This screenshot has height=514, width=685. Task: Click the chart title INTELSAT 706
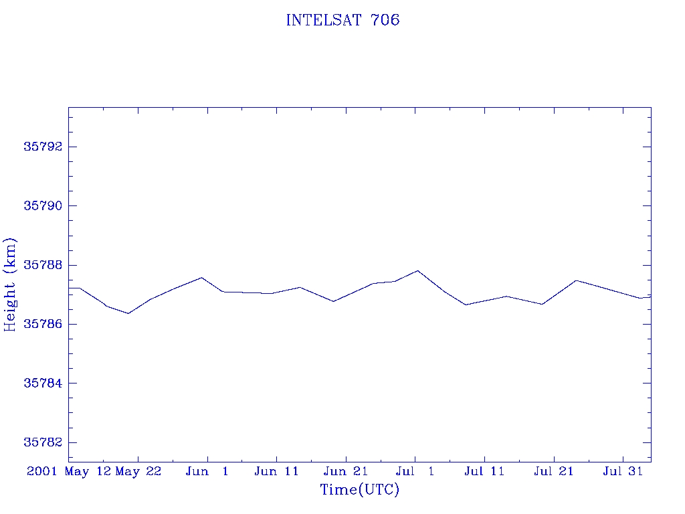pos(342,20)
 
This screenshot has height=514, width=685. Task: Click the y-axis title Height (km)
pos(9,284)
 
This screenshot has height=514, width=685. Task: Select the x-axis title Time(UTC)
pos(359,489)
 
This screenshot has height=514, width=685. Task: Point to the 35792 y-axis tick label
pos(43,147)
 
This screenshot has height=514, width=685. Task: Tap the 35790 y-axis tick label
pos(43,205)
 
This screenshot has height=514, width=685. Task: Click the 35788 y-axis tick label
pos(43,265)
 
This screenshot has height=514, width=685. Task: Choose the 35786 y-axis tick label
pos(43,324)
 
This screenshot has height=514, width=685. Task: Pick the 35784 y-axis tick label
pos(43,383)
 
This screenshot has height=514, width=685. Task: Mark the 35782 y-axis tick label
pos(43,442)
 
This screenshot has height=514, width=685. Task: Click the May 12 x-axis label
pos(88,472)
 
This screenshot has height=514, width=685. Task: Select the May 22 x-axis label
pos(138,472)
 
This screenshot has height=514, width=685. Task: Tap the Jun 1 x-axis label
pos(207,471)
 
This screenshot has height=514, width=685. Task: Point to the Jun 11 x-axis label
pos(276,471)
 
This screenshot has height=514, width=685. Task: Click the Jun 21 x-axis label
pos(346,471)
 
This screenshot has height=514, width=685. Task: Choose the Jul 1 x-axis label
pos(415,471)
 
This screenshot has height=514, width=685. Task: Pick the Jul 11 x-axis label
pos(484,471)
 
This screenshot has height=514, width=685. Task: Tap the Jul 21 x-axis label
pos(553,471)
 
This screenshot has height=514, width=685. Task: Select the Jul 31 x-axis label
pos(623,471)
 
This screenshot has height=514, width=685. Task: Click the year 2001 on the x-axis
pos(42,471)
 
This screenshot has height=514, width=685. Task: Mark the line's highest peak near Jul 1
pos(418,270)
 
